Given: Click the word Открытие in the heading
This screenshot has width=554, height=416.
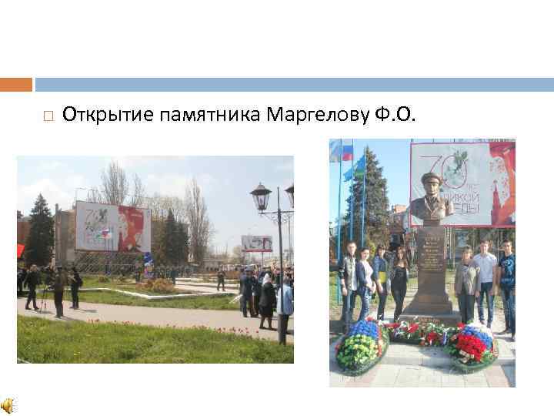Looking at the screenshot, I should [x=108, y=116].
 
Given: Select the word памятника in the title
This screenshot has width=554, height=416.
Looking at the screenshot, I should [x=211, y=116].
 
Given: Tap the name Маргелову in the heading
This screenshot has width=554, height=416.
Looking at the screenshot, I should [x=316, y=116].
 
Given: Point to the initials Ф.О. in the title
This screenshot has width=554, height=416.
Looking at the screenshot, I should [x=395, y=116].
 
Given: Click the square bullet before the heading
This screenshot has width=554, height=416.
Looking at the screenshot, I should [x=48, y=117].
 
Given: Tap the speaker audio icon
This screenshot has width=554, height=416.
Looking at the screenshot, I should [x=8, y=406].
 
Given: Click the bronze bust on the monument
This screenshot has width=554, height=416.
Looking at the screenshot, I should [x=432, y=199].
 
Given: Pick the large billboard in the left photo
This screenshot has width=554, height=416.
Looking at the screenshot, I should [x=112, y=226].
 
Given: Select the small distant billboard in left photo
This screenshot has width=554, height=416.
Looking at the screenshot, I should [x=256, y=243].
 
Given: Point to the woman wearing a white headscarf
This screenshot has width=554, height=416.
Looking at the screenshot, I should [x=268, y=296].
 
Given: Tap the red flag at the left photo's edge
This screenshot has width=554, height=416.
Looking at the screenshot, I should [x=21, y=250].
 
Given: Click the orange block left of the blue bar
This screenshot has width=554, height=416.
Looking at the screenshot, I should [x=16, y=84].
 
